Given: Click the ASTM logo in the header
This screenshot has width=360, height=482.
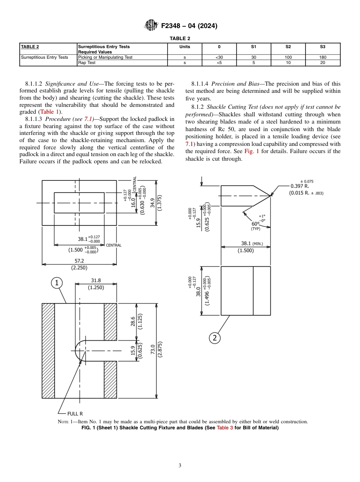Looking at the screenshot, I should tap(152, 26).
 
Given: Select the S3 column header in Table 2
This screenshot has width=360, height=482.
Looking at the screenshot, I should tap(322, 47).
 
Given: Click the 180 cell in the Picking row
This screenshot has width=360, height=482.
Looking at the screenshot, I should tap(322, 58).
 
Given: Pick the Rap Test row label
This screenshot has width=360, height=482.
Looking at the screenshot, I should tap(87, 63).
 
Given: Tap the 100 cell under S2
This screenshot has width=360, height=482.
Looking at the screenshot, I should tap(288, 58).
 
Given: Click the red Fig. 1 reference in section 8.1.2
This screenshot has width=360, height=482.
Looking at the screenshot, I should tap(252, 151).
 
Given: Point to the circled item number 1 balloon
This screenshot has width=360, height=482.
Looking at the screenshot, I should tap(56, 283).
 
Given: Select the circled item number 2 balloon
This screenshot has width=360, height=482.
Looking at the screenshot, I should tap(214, 338).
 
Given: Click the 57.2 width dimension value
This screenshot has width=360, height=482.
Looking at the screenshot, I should tap(79, 261).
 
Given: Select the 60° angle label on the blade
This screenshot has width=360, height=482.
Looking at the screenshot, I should tap(255, 224).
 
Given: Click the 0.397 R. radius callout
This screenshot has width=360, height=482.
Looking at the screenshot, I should tap(300, 186).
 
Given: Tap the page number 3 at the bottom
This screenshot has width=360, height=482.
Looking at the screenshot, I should tap(180, 466).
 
